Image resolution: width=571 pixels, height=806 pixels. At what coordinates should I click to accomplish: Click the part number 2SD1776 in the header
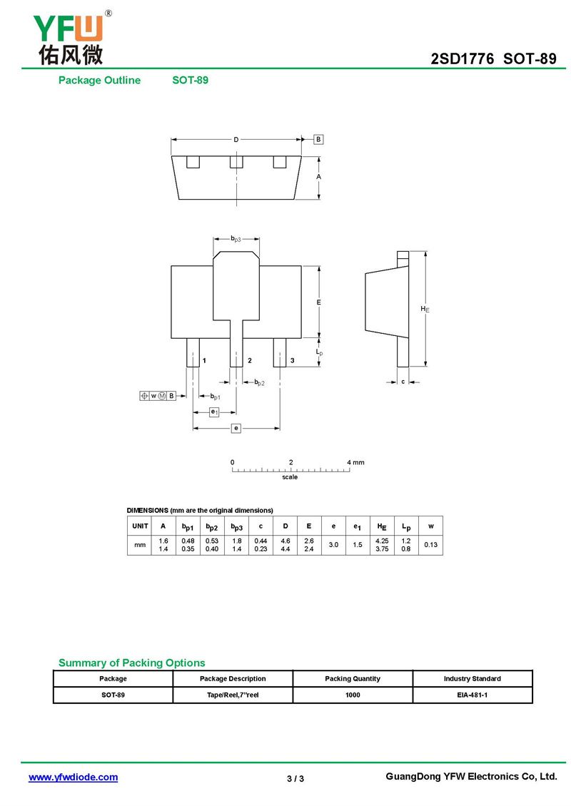[x=462, y=59]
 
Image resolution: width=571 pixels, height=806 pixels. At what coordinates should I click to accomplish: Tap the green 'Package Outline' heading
[x=99, y=81]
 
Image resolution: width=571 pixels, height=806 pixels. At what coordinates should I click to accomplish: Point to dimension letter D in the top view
[x=236, y=140]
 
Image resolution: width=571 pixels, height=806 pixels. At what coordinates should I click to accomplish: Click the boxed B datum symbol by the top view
[x=318, y=140]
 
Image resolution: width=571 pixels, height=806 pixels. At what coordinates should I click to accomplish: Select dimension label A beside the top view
[x=319, y=176]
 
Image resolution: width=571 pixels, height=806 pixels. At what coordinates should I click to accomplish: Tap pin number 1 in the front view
[x=204, y=362]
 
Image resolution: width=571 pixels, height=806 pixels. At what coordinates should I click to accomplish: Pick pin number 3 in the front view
[x=292, y=362]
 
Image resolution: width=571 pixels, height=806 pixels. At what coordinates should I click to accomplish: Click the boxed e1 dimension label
[x=214, y=412]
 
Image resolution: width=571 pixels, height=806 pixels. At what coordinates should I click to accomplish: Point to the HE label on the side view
[x=425, y=309]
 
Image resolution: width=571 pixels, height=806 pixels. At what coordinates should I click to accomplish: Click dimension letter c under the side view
[x=403, y=382]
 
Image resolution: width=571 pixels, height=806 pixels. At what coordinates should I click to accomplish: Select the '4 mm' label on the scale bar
[x=355, y=462]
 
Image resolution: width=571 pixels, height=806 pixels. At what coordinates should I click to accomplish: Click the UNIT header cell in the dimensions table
[x=140, y=526]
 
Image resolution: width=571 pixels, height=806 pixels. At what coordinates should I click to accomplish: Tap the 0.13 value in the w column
[x=430, y=545]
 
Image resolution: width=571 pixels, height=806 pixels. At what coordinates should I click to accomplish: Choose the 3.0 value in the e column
[x=333, y=545]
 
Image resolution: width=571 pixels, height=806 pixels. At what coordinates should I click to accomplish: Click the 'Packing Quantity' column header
[x=353, y=678]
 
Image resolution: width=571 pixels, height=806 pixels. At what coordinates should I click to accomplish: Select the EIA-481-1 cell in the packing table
[x=473, y=695]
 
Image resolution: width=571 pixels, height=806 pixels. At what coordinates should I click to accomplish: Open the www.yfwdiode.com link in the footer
[x=73, y=777]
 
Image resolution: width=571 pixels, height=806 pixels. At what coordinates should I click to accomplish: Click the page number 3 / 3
[x=295, y=778]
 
